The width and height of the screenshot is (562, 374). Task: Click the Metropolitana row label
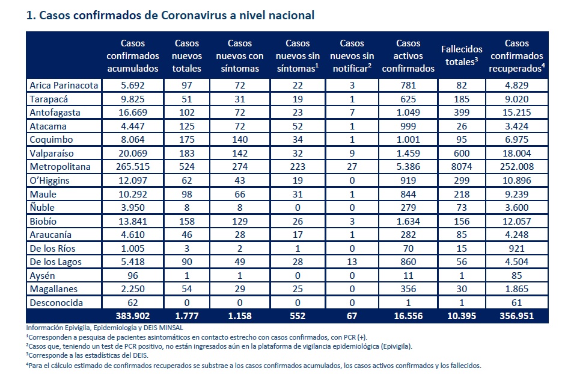60,167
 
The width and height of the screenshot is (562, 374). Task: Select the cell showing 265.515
133,167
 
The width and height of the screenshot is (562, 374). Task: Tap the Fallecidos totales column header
462,55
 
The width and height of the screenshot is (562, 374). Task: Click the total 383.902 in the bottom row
133,316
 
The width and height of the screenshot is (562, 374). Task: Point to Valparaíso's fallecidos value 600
462,154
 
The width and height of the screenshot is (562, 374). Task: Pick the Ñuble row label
42,207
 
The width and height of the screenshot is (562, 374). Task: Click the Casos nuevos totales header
187,55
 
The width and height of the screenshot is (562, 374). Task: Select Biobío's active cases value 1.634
408,221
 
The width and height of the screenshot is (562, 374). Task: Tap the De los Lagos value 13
352,262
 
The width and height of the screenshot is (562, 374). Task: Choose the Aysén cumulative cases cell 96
133,276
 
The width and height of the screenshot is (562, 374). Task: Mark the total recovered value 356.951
516,316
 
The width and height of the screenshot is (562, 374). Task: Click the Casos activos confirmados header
408,55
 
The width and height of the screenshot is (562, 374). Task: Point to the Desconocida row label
57,303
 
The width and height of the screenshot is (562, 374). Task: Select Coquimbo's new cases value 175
187,140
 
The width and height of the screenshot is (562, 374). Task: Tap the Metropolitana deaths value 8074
462,167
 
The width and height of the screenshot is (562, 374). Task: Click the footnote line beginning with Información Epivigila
105,328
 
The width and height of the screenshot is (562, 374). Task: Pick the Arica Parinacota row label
64,86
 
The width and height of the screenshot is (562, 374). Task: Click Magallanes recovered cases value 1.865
516,289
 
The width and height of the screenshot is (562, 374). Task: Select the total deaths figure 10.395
462,316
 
